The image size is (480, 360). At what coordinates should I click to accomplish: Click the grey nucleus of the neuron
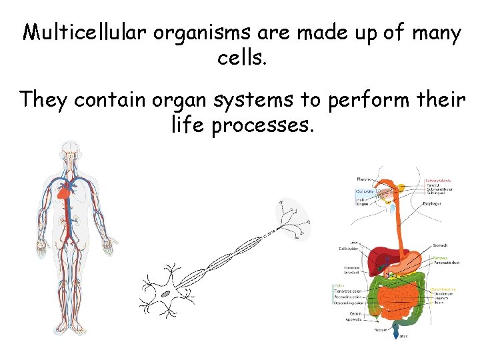click(x=165, y=294)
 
